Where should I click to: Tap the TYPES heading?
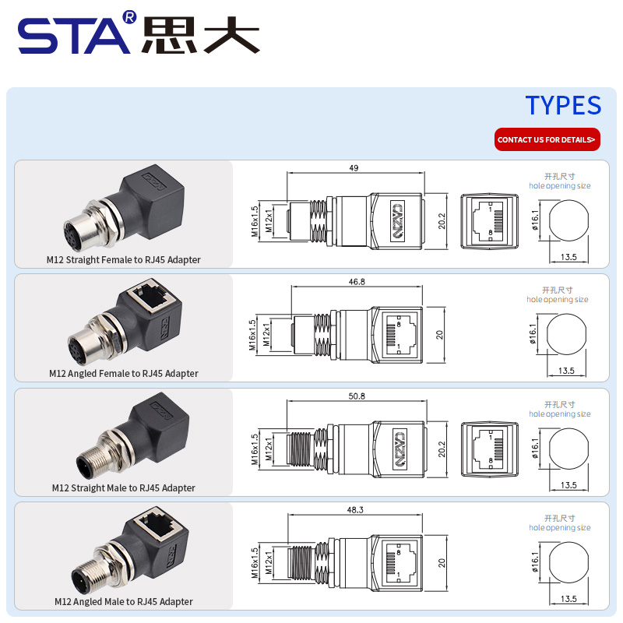[563, 105]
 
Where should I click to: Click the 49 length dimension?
[354, 167]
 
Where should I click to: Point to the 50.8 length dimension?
[357, 396]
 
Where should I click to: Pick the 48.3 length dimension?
[355, 509]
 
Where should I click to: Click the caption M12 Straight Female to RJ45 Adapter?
[123, 259]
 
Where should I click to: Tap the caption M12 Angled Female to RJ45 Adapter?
[123, 373]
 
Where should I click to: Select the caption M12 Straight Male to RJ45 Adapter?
[123, 487]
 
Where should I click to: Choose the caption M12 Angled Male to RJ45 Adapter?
[123, 601]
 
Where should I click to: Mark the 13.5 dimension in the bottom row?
[568, 598]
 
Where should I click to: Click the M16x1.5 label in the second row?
[252, 336]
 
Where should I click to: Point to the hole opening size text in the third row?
[559, 414]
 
